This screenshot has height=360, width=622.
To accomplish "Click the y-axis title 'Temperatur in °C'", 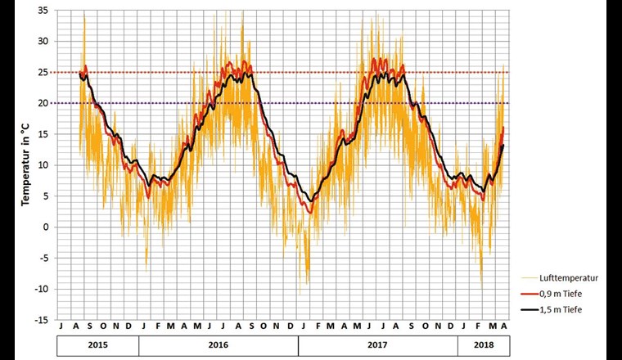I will pos(26,164).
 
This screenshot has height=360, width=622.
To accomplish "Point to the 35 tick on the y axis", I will pos(42,11).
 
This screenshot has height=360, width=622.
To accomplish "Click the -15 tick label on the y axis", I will pos(40,320).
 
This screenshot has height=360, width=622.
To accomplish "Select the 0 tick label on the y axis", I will pos(44,227).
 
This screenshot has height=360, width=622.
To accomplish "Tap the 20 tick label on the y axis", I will pos(42,103).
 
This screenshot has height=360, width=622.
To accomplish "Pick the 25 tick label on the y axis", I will pos(42,72).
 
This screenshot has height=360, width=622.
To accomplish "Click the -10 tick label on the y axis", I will pos(40,289).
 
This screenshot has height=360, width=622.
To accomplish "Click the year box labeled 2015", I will pos(97,346).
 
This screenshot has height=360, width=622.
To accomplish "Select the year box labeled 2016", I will pos(218,346).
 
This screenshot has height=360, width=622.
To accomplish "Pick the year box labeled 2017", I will pos(377,346).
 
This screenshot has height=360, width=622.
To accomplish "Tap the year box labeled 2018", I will pos(482,346).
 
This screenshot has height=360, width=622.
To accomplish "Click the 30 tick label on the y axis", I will pos(42,42).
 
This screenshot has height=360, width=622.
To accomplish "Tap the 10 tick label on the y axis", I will pos(42,165).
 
